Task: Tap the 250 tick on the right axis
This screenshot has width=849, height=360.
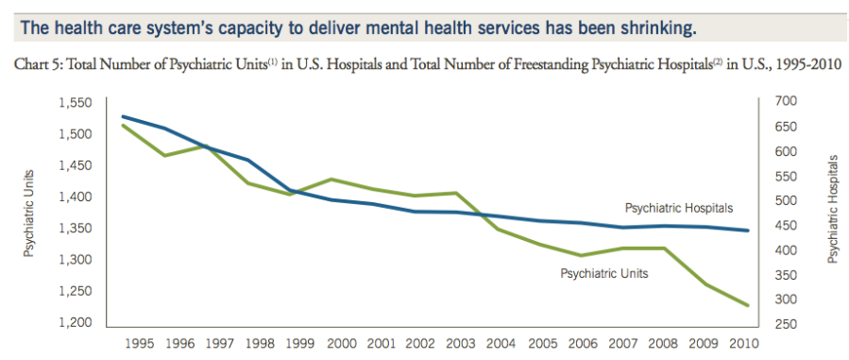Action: pos(787,324)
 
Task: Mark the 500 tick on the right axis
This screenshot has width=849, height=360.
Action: pos(787,200)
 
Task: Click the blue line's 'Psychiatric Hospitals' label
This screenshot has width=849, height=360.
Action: pos(678,208)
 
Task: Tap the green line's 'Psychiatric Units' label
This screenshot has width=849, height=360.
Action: pos(603,274)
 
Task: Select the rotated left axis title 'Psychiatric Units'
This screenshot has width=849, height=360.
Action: pos(30,214)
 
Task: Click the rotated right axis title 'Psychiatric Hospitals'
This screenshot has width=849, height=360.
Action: pos(833,210)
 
